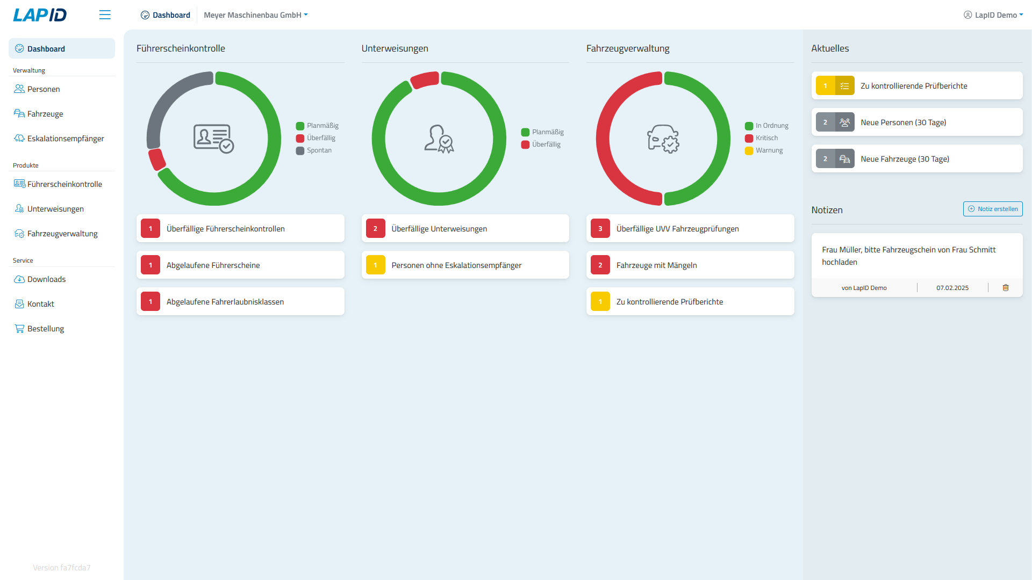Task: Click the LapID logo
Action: click(x=40, y=15)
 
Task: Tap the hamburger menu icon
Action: click(x=105, y=15)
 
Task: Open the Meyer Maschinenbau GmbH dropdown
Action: click(x=255, y=15)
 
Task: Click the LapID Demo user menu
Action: click(x=993, y=15)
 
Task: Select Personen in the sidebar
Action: click(x=44, y=89)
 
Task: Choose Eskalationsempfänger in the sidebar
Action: click(x=66, y=139)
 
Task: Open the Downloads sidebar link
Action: click(x=46, y=279)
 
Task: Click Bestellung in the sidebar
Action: click(x=46, y=329)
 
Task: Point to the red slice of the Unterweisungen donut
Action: click(x=425, y=79)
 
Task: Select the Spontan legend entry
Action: click(x=319, y=150)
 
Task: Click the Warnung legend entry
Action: click(x=769, y=150)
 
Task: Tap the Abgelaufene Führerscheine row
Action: click(x=240, y=265)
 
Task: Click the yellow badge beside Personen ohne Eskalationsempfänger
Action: click(x=375, y=265)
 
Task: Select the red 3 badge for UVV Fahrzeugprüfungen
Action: click(x=600, y=229)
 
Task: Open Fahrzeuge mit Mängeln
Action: click(x=690, y=265)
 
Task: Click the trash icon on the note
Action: click(x=1005, y=288)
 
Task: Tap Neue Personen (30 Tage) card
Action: click(x=916, y=122)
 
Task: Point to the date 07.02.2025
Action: click(x=952, y=288)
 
